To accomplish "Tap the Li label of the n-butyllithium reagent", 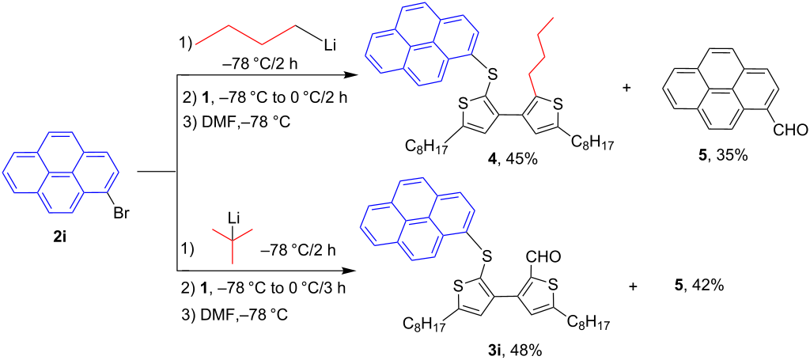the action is (330, 47).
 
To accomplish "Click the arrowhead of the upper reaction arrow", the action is (350, 75).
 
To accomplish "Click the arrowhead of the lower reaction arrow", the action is (350, 270).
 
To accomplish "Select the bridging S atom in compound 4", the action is (492, 76).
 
